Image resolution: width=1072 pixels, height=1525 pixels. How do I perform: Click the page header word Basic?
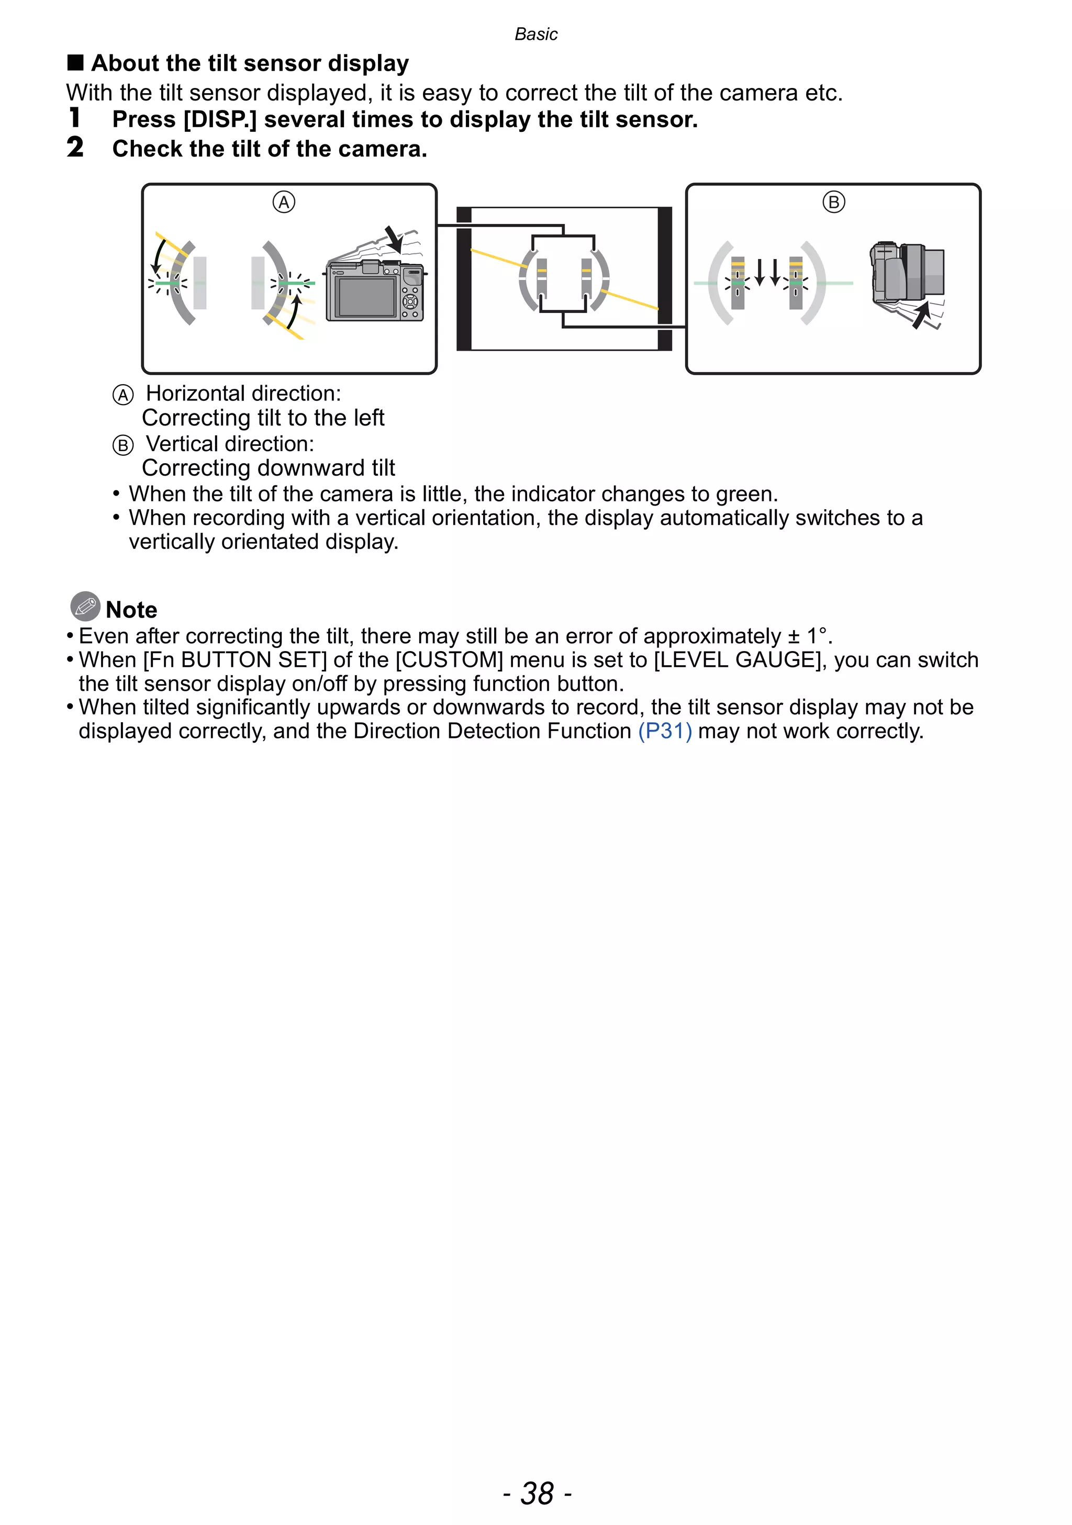(535, 34)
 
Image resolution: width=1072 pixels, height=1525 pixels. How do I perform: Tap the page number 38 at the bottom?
(537, 1493)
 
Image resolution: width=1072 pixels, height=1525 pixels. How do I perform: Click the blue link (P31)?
(664, 731)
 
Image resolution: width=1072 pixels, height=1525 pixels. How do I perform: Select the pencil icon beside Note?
(85, 605)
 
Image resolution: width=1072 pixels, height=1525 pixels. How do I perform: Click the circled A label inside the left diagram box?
(284, 202)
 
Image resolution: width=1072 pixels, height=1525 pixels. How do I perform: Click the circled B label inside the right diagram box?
(833, 202)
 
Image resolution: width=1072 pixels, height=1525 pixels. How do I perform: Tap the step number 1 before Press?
(75, 118)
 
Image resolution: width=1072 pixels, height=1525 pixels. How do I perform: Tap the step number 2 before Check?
(75, 148)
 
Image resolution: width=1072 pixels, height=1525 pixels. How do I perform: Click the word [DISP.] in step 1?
(220, 119)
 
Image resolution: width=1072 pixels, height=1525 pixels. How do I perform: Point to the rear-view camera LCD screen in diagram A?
(365, 297)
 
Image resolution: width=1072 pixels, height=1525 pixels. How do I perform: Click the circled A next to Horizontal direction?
(123, 395)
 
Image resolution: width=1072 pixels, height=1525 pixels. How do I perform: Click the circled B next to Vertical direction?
(123, 445)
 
